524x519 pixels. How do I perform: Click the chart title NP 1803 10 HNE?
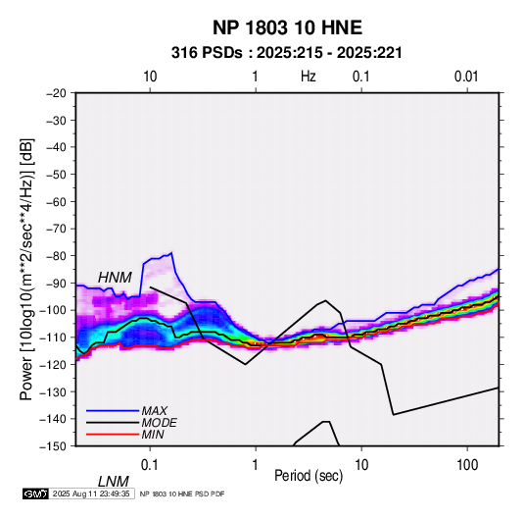click(x=287, y=27)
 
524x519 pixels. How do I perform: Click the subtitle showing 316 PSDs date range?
click(x=286, y=53)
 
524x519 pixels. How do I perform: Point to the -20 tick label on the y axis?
click(x=56, y=93)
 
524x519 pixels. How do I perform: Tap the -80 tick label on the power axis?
click(x=56, y=256)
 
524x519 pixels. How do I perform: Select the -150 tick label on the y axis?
click(x=53, y=446)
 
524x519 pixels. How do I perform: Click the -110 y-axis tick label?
click(x=53, y=337)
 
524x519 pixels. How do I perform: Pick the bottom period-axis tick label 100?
click(x=467, y=465)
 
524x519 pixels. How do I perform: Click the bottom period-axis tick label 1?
click(x=256, y=465)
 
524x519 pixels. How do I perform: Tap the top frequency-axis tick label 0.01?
click(x=466, y=77)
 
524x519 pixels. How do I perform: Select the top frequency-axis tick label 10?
click(x=150, y=77)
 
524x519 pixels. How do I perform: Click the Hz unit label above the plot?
click(x=309, y=77)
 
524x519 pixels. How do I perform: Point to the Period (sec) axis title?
click(x=309, y=476)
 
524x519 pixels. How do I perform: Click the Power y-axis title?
click(x=26, y=269)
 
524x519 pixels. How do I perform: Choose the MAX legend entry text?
click(x=155, y=410)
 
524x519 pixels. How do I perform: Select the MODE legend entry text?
click(x=159, y=423)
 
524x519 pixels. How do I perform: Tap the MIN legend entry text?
click(x=153, y=435)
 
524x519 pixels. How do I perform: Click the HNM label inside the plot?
click(x=115, y=278)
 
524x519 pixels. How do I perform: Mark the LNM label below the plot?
click(x=113, y=482)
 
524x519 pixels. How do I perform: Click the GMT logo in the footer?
click(x=36, y=493)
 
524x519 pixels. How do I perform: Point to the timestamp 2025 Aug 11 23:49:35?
click(x=91, y=493)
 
